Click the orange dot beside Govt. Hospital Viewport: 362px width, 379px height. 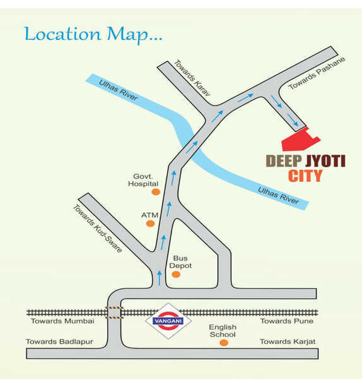(x=157, y=191)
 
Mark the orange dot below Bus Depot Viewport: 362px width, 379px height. (x=176, y=275)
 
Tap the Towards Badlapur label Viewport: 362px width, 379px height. (x=59, y=342)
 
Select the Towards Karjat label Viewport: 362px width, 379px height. (x=288, y=342)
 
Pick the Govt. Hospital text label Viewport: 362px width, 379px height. (x=143, y=179)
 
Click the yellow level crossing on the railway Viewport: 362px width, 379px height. (x=114, y=312)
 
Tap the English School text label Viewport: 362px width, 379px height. (x=223, y=331)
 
